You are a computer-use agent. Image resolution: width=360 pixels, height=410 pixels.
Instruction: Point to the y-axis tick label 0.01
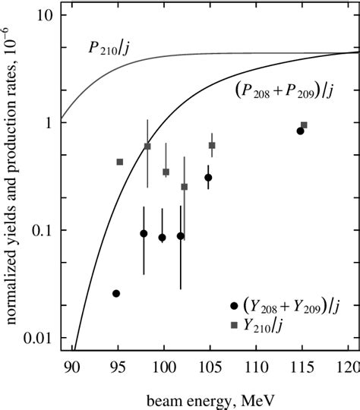tap(36, 337)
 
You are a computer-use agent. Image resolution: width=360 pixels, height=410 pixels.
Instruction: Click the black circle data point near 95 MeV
tap(116, 293)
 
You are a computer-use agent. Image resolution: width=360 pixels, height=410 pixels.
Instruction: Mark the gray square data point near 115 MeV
tap(304, 125)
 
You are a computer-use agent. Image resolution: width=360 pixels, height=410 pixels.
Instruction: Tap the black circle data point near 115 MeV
tap(300, 131)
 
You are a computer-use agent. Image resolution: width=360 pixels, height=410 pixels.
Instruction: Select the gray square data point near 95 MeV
tap(120, 162)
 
